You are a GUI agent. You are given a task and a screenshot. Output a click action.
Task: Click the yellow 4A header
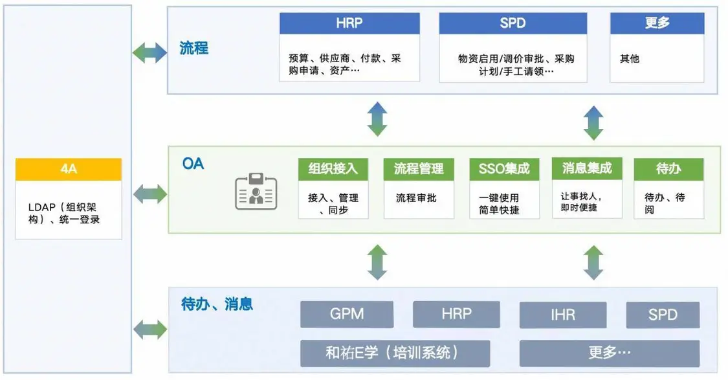coord(69,170)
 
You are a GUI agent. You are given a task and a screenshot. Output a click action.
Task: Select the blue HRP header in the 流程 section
coord(349,24)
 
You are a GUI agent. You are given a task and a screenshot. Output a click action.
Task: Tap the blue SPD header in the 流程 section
coord(513,24)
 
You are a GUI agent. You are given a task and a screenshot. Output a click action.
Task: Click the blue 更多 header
coord(657,24)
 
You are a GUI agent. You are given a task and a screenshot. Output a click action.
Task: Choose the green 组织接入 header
coord(333,170)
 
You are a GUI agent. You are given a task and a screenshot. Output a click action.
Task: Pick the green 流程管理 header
coord(419,170)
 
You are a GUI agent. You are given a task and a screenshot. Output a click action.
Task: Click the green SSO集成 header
coord(504,170)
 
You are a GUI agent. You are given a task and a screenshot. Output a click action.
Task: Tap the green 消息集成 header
coord(587,169)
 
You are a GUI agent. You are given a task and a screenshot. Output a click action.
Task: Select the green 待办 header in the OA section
coord(668,170)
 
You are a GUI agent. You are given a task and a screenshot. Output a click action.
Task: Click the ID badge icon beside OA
coord(256,191)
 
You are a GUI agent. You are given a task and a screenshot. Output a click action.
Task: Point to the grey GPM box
coord(347,315)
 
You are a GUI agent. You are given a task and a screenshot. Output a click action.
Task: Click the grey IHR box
coord(562,315)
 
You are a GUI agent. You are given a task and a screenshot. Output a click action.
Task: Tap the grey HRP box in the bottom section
coord(457,315)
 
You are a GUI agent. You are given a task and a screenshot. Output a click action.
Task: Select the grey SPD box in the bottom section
coord(663,315)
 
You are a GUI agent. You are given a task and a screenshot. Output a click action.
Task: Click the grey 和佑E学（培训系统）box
coord(395,353)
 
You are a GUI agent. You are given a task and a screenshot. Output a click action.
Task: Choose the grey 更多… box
coord(609,353)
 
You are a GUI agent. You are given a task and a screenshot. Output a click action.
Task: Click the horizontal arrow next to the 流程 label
coord(149,53)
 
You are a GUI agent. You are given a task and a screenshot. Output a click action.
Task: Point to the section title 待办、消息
coord(217,303)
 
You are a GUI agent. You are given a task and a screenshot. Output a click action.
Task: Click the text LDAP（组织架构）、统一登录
coord(64,213)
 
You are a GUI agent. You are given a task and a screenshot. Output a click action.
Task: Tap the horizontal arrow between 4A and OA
coord(149,193)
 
